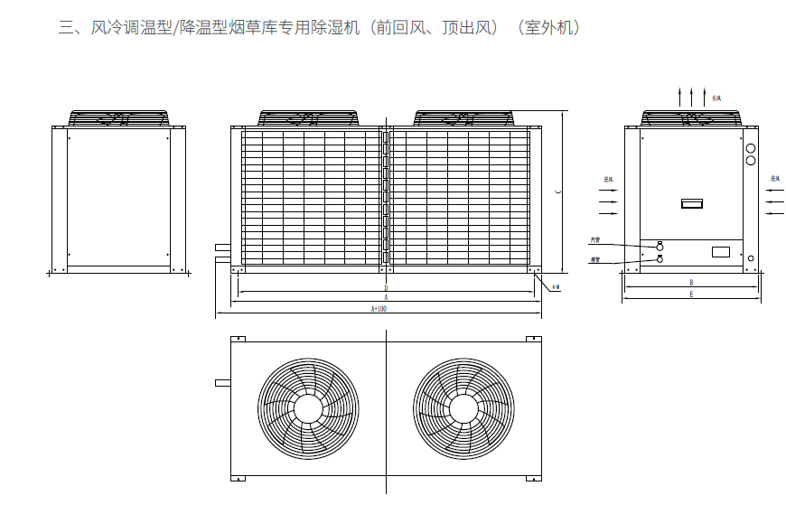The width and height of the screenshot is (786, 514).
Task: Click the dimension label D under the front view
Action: pos(386,288)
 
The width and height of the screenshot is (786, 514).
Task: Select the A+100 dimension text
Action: pos(379,309)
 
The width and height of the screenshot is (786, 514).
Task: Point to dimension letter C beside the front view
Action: pos(558,192)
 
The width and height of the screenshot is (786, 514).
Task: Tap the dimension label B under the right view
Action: pos(691,282)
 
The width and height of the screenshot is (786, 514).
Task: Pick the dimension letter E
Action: pos(691,294)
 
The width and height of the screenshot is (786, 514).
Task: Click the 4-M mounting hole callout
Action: pos(556,287)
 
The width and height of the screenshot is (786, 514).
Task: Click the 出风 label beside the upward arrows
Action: pos(716,98)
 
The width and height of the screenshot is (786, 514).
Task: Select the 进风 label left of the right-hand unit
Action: pos(609,180)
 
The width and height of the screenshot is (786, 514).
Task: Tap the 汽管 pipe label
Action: pos(594,240)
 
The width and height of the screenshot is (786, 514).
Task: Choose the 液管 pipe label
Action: pos(594,260)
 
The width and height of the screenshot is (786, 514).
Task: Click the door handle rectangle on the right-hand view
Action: pos(692,204)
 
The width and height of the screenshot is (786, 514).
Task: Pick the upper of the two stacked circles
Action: pos(750,148)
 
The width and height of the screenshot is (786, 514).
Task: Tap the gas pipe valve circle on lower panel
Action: pos(660,246)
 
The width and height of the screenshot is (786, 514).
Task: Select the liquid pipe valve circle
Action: pos(660,260)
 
